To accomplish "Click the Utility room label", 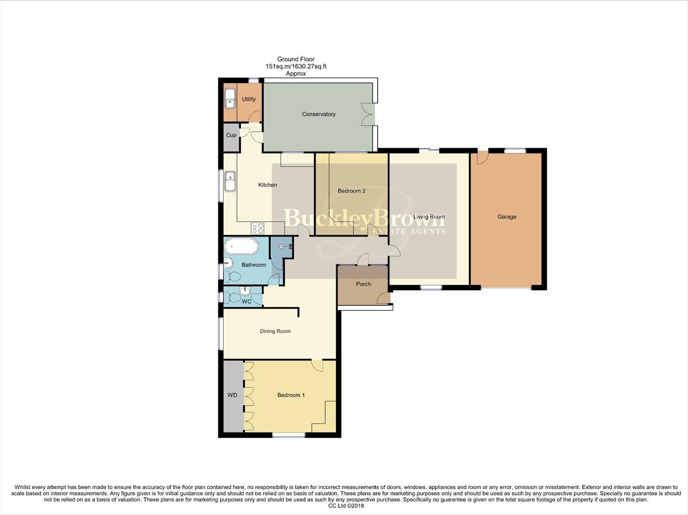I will pyautogui.click(x=249, y=99).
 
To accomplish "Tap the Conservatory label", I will pyautogui.click(x=318, y=114).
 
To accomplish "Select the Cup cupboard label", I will pyautogui.click(x=231, y=135).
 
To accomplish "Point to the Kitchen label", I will pyautogui.click(x=267, y=185).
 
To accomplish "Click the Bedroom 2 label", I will pyautogui.click(x=351, y=191).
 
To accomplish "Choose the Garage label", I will pyautogui.click(x=507, y=216).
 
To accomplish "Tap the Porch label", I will pyautogui.click(x=363, y=284).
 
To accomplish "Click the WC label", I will pyautogui.click(x=246, y=301).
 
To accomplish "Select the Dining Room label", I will pyautogui.click(x=275, y=331).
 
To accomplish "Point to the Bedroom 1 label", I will pyautogui.click(x=291, y=395).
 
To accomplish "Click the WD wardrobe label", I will pyautogui.click(x=232, y=395).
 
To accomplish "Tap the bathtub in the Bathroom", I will pyautogui.click(x=242, y=247).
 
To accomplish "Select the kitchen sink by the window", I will pyautogui.click(x=230, y=181).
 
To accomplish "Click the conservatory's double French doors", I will pyautogui.click(x=368, y=114).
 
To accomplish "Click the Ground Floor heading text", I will pyautogui.click(x=296, y=59).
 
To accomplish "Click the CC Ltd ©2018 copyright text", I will pyautogui.click(x=343, y=506).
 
